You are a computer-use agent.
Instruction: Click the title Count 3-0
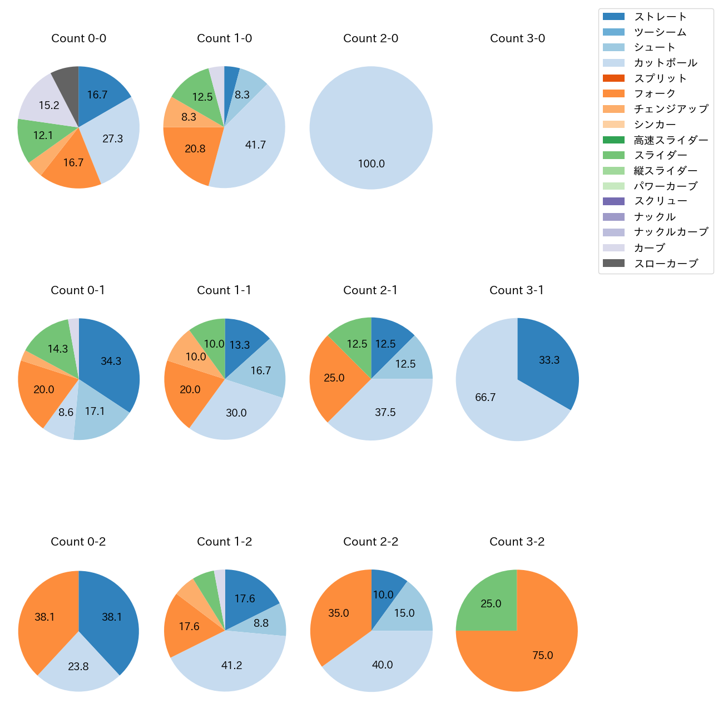(x=517, y=38)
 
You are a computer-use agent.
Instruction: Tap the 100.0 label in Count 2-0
(x=371, y=164)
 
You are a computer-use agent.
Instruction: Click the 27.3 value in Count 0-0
(x=113, y=139)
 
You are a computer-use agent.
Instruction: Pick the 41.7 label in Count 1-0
(x=255, y=145)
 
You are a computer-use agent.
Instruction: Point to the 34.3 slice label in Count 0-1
(x=111, y=361)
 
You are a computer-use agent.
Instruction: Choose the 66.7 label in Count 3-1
(x=485, y=398)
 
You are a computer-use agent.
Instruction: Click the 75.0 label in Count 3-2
(x=542, y=656)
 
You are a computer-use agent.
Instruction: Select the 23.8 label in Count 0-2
(x=78, y=667)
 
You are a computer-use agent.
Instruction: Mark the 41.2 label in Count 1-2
(x=231, y=666)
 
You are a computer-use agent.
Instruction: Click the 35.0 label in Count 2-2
(x=338, y=613)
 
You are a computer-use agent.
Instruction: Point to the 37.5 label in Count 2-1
(x=385, y=413)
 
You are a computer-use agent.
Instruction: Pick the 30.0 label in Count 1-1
(x=236, y=413)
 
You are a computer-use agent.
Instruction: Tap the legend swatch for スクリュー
(x=613, y=201)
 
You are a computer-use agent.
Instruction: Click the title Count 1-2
(x=225, y=542)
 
